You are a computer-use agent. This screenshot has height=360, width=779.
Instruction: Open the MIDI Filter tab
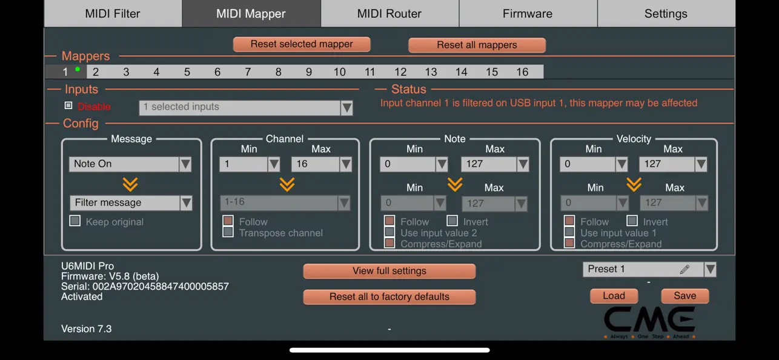click(113, 13)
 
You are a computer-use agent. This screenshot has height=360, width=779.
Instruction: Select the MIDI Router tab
click(389, 13)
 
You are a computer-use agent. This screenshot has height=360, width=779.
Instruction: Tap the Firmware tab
click(528, 13)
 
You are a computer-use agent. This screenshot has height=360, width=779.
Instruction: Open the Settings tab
click(666, 13)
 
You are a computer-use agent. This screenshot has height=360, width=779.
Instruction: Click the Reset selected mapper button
click(302, 44)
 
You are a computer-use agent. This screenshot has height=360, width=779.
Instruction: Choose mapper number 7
click(248, 72)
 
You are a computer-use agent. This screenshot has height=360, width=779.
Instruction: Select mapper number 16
click(522, 72)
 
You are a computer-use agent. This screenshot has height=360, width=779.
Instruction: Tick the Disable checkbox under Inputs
click(68, 106)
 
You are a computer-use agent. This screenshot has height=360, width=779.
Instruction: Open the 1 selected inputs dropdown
click(246, 107)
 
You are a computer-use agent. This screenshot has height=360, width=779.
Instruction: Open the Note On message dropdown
click(130, 164)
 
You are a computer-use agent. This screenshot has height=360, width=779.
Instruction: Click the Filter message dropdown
click(131, 202)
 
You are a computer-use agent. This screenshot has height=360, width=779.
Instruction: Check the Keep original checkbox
click(75, 221)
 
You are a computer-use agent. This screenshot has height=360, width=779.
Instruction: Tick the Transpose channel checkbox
click(228, 232)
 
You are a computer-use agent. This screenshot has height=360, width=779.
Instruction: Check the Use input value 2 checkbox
click(389, 232)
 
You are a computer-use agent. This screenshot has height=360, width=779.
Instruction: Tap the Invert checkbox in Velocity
click(632, 221)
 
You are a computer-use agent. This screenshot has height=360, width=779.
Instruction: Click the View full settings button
click(389, 271)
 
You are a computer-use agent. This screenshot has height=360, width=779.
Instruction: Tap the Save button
click(685, 296)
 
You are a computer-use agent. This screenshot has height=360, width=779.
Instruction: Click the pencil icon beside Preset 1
click(685, 269)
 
